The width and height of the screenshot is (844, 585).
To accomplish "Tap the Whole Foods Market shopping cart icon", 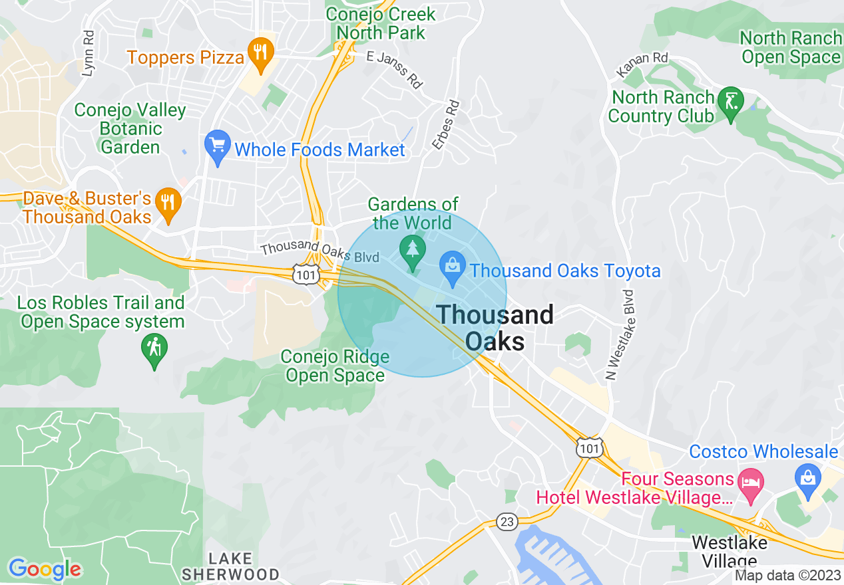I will click(x=218, y=146).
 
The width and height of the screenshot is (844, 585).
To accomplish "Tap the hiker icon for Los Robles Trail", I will click(x=154, y=349).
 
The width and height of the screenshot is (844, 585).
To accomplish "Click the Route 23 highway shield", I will click(x=507, y=522).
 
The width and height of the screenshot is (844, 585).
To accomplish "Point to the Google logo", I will click(x=45, y=569).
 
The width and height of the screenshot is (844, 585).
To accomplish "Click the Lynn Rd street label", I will click(x=87, y=53).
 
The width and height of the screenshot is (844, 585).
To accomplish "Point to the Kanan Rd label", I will click(x=642, y=64).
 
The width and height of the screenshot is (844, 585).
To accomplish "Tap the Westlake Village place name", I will click(x=729, y=551).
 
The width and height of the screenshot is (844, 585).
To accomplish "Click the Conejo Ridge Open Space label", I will click(x=335, y=366).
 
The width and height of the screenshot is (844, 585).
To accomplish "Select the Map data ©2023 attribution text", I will click(x=787, y=576).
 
